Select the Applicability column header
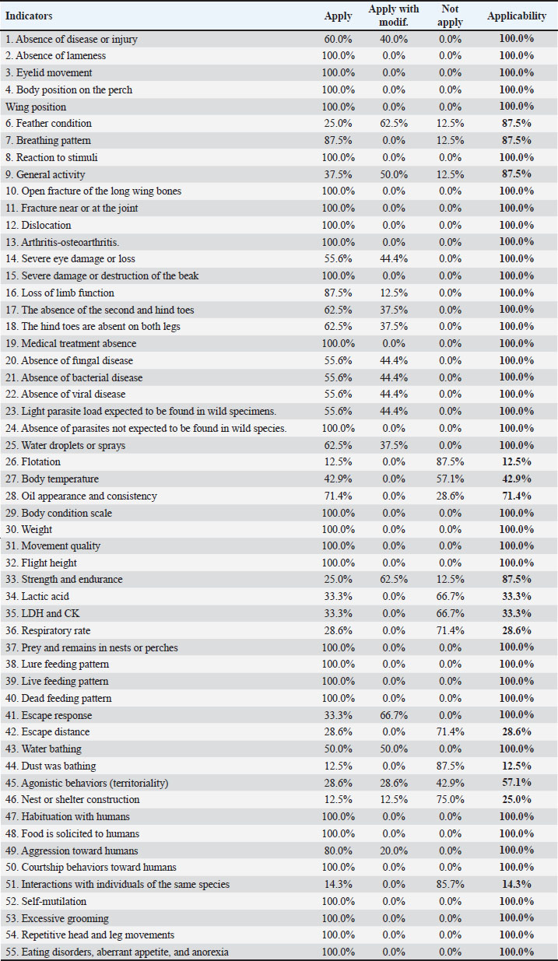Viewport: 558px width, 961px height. point(511,16)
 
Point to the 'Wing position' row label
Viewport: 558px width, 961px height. point(36,107)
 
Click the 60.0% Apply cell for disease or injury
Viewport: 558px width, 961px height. point(339,39)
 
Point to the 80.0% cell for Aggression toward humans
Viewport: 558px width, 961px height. point(339,851)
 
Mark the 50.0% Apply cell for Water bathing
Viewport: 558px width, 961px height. point(339,749)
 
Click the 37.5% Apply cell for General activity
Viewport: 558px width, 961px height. point(339,174)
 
